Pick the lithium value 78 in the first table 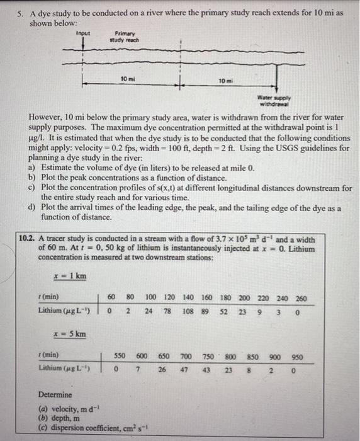[x=168, y=311]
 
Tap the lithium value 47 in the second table [x=186, y=370]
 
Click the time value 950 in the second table [x=295, y=357]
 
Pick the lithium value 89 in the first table [x=206, y=311]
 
